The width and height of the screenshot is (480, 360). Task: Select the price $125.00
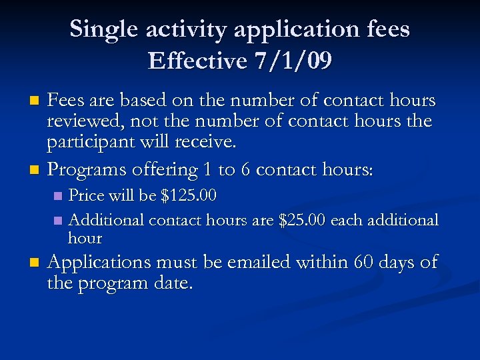pos(189,197)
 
